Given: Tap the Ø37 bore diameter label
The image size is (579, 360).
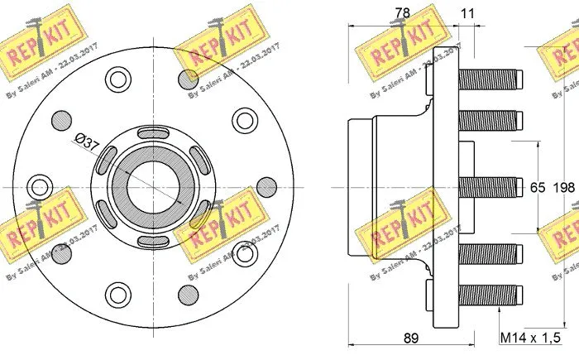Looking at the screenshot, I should [x=86, y=142].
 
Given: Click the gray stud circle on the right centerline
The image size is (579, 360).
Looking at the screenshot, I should [x=266, y=187].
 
